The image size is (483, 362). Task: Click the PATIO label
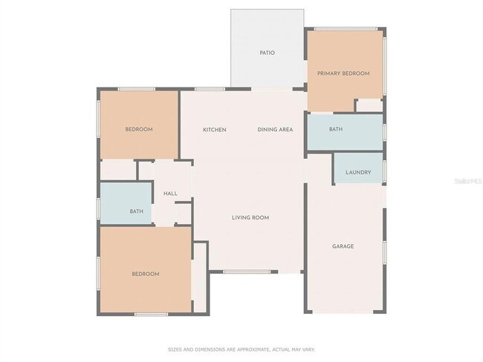[267, 53]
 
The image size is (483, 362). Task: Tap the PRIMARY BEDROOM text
[343, 73]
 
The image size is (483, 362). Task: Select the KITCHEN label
[215, 130]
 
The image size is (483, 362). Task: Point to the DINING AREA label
[275, 130]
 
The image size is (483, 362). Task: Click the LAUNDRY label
[358, 173]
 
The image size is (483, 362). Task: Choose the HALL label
[170, 194]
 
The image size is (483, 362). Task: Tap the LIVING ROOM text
[250, 217]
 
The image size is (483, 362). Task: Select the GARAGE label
[343, 246]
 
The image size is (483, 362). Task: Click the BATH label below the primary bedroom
[336, 129]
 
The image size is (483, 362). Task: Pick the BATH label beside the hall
[136, 211]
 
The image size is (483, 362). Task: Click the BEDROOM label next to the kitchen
[138, 130]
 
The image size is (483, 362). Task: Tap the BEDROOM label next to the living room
[146, 274]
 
